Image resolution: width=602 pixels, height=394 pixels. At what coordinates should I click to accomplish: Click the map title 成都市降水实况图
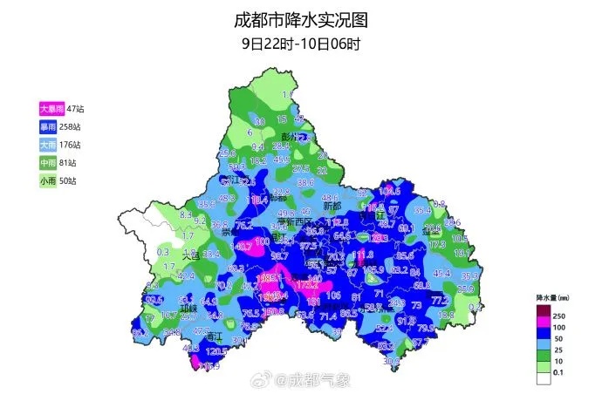pyautogui.click(x=300, y=19)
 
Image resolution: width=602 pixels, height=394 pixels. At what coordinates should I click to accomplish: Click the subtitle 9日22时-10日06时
pyautogui.click(x=300, y=42)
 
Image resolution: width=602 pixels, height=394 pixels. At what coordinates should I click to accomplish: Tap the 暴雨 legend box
pyautogui.click(x=47, y=126)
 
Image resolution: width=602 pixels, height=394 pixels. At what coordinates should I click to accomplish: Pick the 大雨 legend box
pyautogui.click(x=47, y=145)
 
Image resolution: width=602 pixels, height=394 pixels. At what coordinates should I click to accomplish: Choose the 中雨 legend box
pyautogui.click(x=47, y=163)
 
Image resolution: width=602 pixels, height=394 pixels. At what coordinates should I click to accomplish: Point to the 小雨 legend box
pyautogui.click(x=47, y=181)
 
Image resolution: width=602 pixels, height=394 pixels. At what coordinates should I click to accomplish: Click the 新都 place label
pyautogui.click(x=332, y=207)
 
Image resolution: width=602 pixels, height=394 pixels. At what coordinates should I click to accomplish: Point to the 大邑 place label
pyautogui.click(x=190, y=256)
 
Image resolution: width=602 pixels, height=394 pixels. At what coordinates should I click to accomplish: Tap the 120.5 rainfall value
pyautogui.click(x=216, y=350)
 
